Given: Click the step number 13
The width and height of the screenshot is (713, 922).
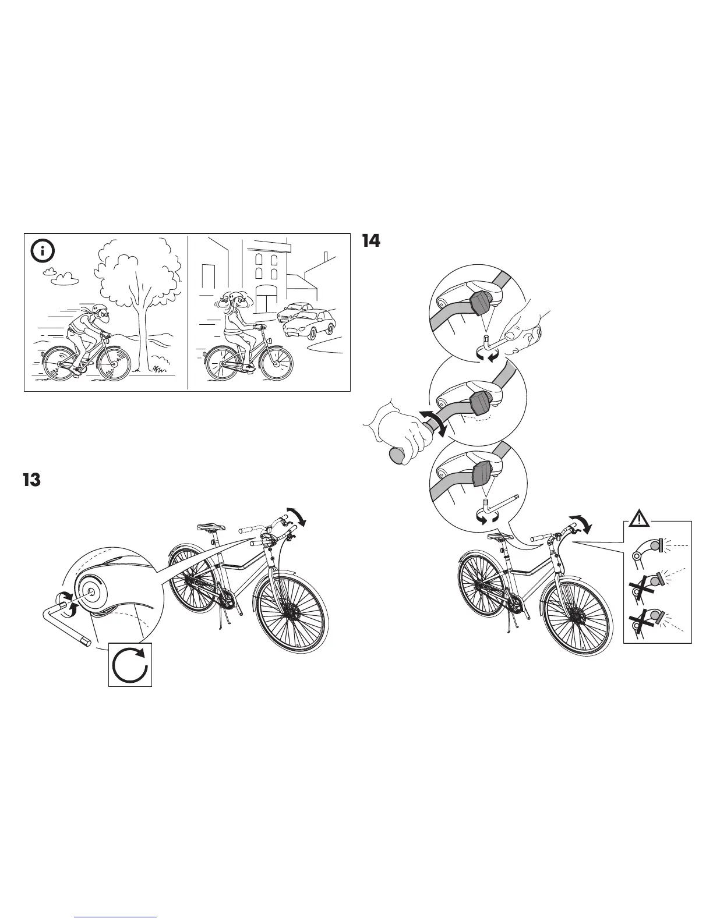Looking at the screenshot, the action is point(31,480).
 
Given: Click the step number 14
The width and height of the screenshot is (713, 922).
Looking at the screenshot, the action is point(371,240).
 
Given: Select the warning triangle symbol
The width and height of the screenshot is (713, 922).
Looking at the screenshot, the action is point(641,517).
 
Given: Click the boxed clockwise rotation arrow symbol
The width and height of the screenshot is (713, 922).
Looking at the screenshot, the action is point(130,664).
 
